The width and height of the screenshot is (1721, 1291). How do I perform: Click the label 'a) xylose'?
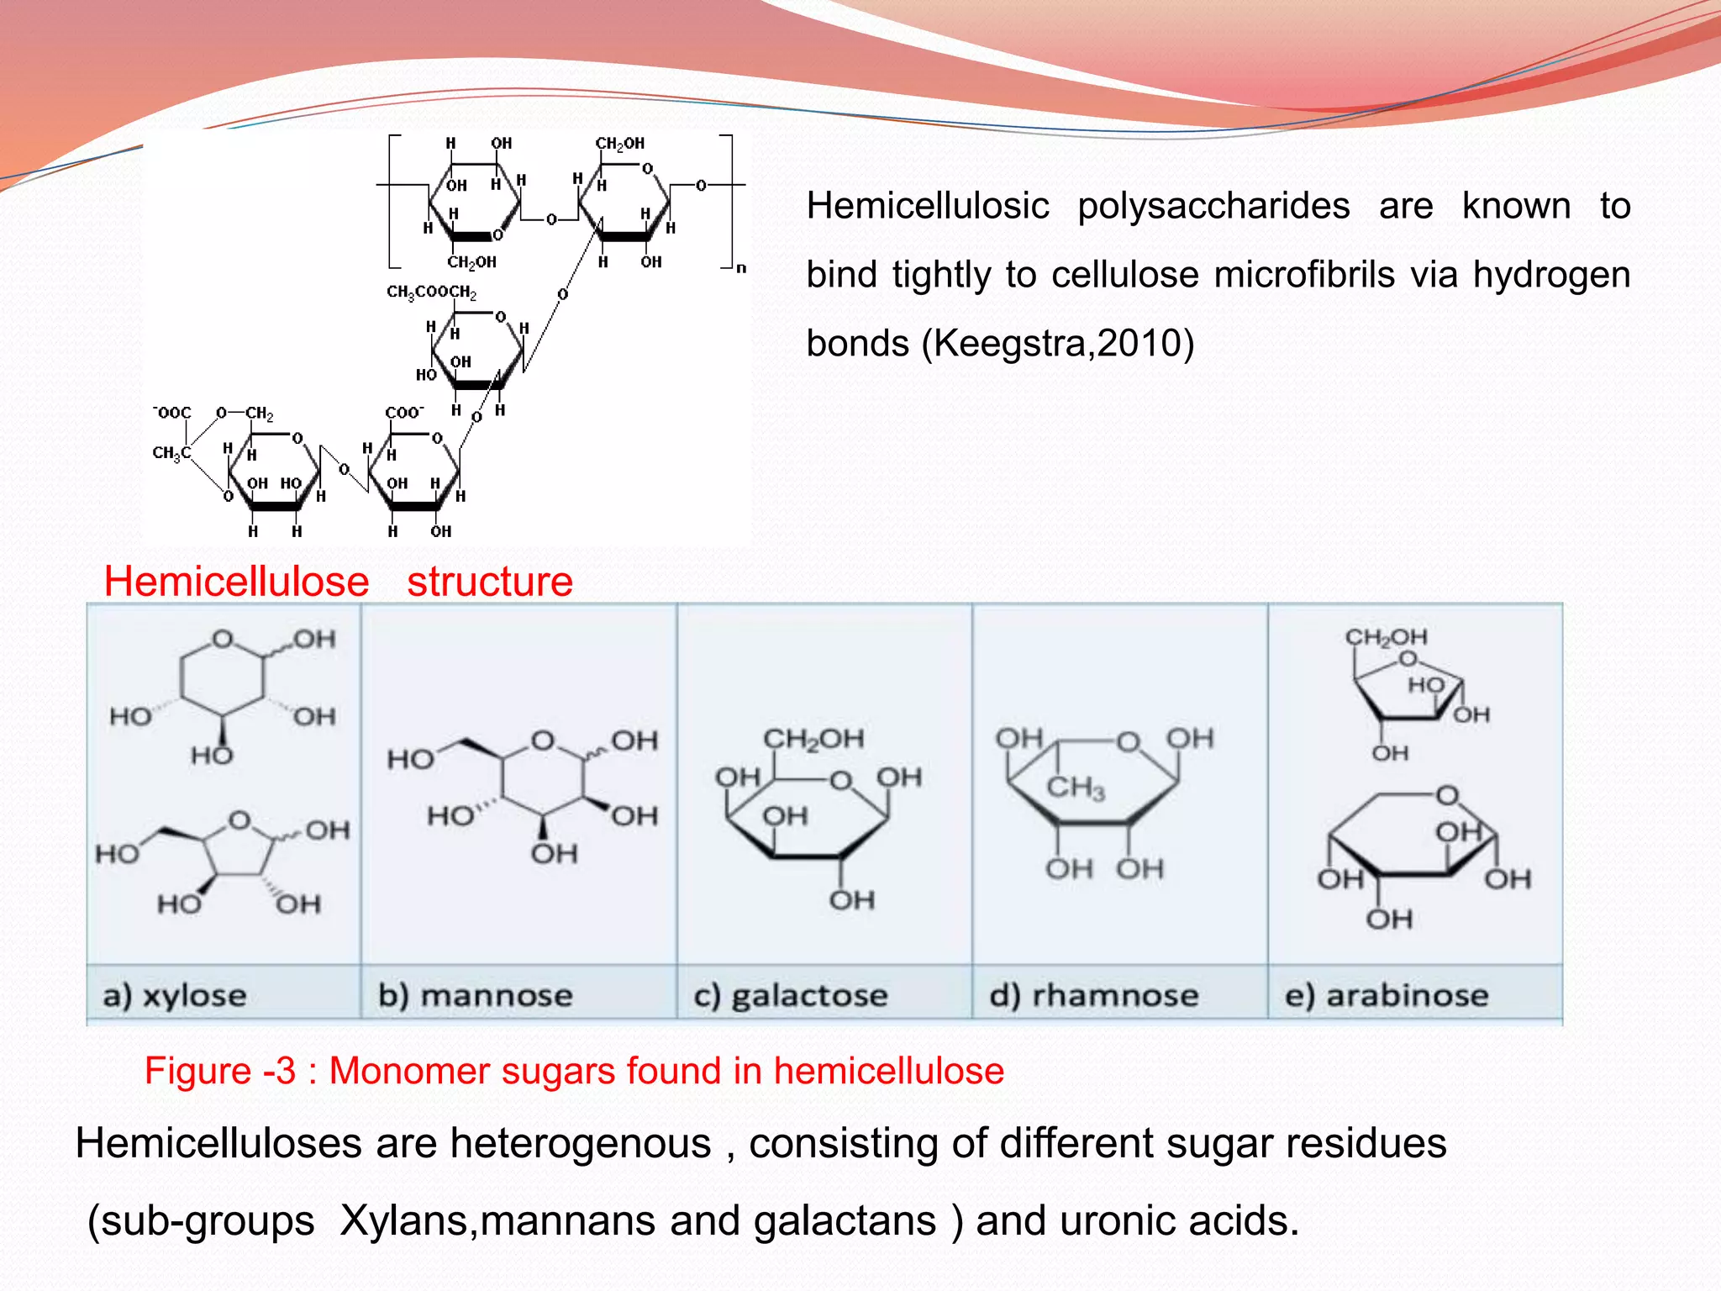point(175,996)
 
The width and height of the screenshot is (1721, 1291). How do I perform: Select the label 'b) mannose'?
point(476,996)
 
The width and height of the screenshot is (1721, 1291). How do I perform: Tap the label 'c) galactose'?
point(791,997)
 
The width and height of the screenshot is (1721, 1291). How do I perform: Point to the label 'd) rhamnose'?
point(1094,996)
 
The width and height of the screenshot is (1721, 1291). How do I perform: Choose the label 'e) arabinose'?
point(1387,996)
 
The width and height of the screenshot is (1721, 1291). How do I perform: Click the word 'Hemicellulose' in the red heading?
point(236,582)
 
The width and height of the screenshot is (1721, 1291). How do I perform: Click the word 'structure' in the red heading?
point(490,582)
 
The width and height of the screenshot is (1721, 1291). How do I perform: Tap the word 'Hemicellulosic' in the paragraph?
point(928,206)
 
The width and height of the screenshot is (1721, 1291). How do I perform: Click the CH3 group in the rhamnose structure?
point(1076,788)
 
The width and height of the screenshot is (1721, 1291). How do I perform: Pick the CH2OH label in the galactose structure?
point(813,739)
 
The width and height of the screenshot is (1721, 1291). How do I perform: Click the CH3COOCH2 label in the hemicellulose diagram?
point(431,292)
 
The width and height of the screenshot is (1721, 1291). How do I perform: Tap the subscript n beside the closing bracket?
point(741,268)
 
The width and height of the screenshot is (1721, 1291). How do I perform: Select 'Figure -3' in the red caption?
point(220,1072)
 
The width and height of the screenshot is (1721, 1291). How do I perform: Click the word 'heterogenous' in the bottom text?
point(580,1144)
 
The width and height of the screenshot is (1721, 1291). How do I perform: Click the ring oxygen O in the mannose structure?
point(543,741)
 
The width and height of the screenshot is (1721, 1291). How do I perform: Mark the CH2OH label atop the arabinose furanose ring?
point(1387,637)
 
